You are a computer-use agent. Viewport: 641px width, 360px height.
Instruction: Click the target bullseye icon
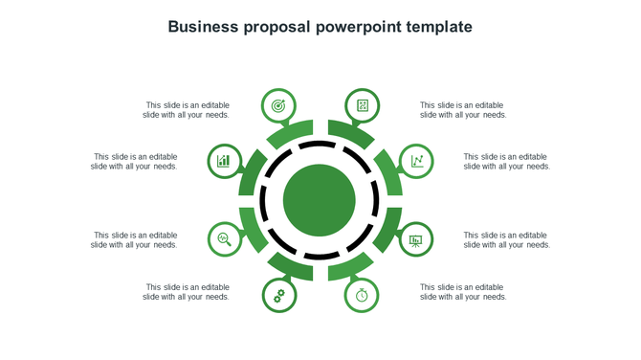[278, 105]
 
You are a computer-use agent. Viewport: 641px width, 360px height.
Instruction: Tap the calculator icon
[363, 105]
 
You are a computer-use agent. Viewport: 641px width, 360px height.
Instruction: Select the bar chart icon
[224, 160]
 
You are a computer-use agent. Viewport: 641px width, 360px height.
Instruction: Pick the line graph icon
[417, 160]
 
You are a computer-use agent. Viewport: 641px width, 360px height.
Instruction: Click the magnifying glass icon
[224, 238]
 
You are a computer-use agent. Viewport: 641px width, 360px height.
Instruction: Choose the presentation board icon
[416, 239]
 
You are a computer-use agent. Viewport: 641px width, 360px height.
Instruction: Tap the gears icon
[278, 295]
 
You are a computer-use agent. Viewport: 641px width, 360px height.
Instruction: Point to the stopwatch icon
[363, 295]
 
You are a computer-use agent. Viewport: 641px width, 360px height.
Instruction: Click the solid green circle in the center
[320, 200]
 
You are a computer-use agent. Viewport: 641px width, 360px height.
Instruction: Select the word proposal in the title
[278, 28]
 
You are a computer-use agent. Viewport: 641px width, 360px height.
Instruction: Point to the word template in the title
[440, 27]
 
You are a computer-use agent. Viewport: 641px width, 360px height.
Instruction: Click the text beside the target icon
[187, 110]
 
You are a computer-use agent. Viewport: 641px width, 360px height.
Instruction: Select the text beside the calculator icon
[463, 110]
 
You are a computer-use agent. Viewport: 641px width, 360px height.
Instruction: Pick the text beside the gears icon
[187, 292]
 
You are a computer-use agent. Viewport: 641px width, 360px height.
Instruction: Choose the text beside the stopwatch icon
[463, 292]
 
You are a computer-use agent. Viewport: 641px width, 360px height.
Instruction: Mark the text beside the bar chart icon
[135, 161]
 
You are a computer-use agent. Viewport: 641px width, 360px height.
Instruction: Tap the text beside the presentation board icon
[507, 239]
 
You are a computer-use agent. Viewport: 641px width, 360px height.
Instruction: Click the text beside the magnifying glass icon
[135, 239]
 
